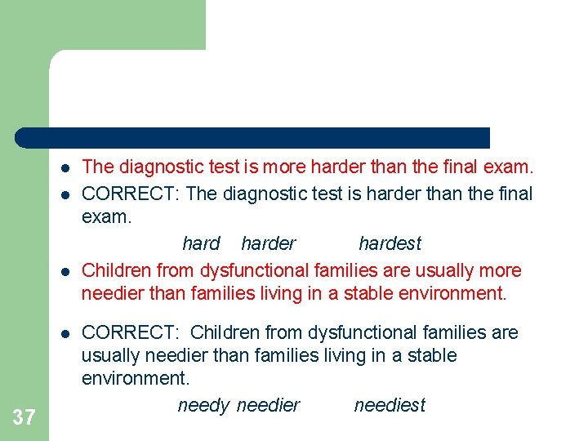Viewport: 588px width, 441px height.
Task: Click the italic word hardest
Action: click(x=390, y=243)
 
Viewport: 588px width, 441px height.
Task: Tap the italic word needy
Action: click(x=203, y=405)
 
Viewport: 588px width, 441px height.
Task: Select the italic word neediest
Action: click(x=390, y=405)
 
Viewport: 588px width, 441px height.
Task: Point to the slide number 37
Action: click(x=24, y=418)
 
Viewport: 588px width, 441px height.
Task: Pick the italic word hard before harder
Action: click(x=201, y=243)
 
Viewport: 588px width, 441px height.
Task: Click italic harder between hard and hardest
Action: click(x=269, y=243)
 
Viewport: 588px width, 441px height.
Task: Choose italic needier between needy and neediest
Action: click(x=268, y=405)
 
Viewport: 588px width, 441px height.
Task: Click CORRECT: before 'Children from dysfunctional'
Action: click(x=131, y=332)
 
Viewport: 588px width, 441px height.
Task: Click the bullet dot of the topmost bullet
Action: click(x=63, y=168)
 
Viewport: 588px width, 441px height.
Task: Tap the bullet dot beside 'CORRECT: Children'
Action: click(x=63, y=333)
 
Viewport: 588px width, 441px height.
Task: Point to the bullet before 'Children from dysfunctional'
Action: click(x=63, y=271)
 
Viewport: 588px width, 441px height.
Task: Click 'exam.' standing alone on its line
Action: click(x=106, y=218)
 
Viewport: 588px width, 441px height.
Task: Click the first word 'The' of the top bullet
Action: click(x=98, y=167)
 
